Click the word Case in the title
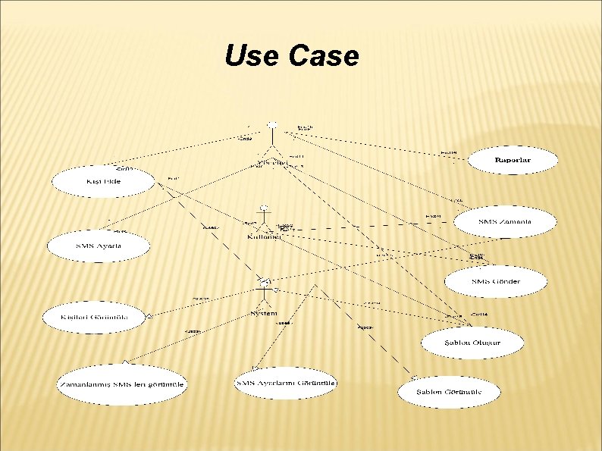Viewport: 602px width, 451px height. point(322,55)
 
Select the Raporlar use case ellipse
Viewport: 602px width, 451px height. point(513,160)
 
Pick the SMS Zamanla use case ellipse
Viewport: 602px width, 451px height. point(506,221)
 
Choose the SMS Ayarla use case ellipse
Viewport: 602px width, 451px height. point(99,246)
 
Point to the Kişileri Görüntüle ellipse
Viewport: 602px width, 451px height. point(93,317)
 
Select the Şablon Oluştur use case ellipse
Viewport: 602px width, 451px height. point(472,342)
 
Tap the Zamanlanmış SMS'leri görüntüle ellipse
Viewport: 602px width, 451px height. point(121,384)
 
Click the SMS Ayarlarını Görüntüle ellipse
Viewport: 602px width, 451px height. point(286,383)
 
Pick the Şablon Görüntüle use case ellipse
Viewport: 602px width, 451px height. point(449,392)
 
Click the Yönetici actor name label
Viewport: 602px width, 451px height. point(271,162)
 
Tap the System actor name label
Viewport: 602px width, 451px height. point(264,313)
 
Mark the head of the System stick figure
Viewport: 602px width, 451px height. point(265,280)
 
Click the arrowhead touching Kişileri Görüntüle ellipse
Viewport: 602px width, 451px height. point(150,315)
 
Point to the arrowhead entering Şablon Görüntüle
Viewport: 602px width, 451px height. point(412,377)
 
